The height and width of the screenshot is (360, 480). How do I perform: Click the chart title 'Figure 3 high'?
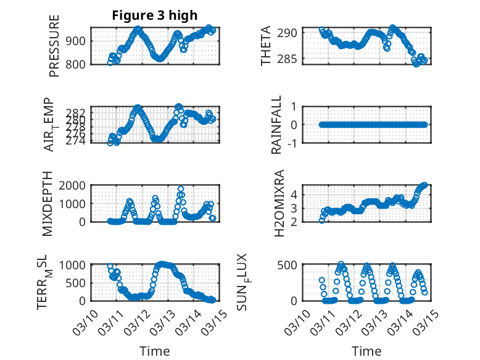click(154, 15)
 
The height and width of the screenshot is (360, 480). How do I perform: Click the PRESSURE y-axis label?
click(54, 46)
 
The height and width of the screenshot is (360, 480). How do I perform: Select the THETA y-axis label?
click(266, 46)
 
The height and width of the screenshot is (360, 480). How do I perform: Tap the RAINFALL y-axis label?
click(276, 125)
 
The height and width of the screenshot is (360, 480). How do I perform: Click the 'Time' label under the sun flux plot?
click(366, 351)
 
